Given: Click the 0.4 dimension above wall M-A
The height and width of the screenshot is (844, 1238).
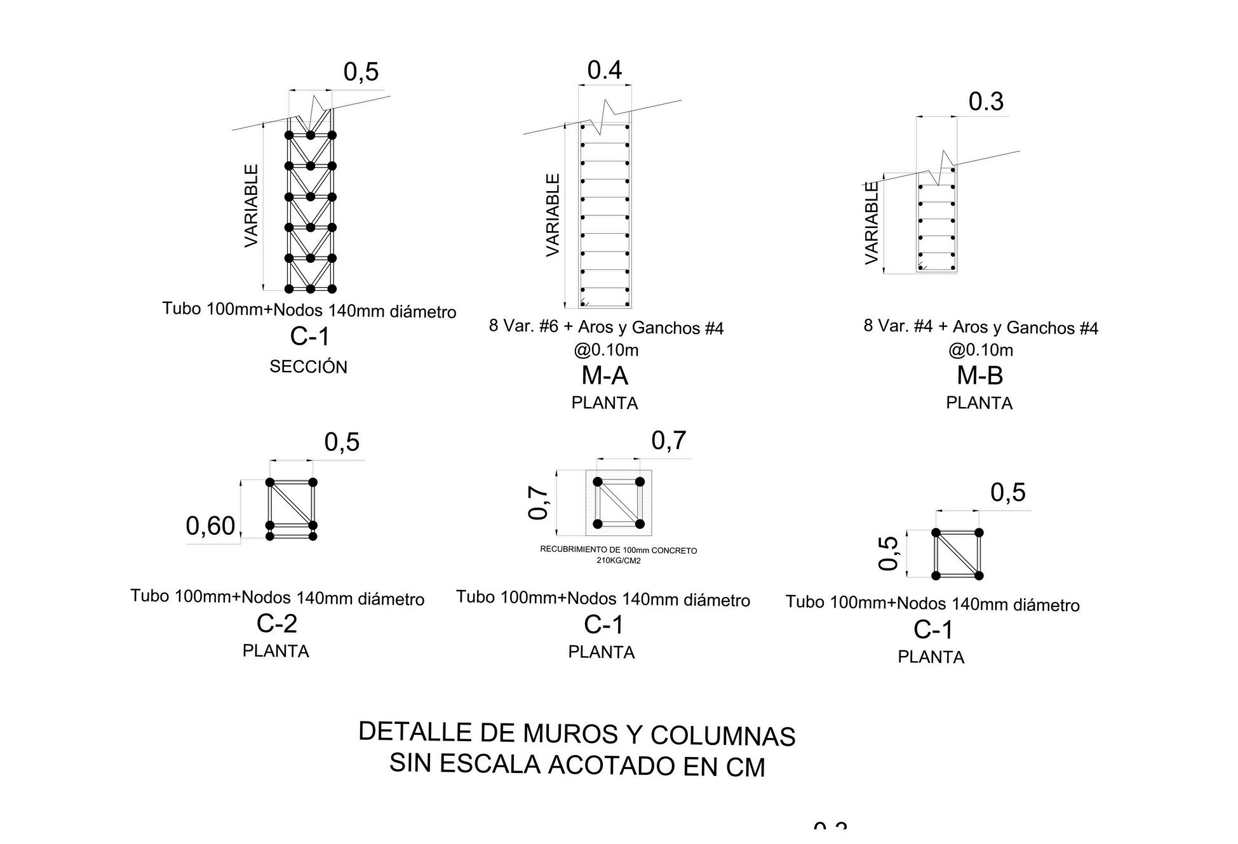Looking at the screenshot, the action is [x=604, y=70].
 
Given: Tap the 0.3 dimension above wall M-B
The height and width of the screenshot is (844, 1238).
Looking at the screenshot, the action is [x=985, y=102].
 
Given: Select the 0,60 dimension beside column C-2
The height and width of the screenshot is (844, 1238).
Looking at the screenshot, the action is [x=210, y=526].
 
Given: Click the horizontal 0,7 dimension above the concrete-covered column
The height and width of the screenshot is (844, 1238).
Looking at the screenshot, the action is [x=668, y=441].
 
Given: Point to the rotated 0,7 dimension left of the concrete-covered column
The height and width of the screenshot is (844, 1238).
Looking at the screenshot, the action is [x=538, y=502].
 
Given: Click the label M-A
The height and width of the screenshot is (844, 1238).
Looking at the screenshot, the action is [x=605, y=376].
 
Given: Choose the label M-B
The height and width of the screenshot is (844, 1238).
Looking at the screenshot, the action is [x=979, y=376].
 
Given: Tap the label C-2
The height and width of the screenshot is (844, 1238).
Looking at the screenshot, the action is [x=276, y=624].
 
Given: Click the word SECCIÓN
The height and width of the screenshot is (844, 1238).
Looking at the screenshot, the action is [x=308, y=367].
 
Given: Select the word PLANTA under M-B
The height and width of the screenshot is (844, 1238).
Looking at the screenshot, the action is [x=979, y=403].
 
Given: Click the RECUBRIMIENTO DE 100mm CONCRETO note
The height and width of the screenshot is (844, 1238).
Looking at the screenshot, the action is [x=618, y=550].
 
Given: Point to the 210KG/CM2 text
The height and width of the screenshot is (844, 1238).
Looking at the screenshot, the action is [x=618, y=561].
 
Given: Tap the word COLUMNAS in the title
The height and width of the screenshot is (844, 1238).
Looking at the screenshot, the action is [x=723, y=736].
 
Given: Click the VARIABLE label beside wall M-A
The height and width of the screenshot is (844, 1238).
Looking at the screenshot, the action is [x=553, y=215].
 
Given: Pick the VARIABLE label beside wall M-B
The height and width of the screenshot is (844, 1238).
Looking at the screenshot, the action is [x=871, y=222].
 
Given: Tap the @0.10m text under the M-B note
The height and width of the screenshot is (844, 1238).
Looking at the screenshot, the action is [x=980, y=350].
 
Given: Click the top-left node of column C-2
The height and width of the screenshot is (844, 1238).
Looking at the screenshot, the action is [x=270, y=483].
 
